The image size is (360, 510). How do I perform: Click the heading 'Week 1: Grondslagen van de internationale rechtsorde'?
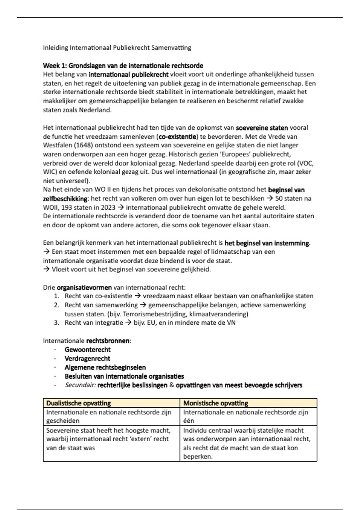[x=123, y=66]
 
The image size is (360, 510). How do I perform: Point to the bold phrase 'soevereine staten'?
[x=262, y=128]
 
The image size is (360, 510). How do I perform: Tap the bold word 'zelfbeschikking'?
[x=65, y=199]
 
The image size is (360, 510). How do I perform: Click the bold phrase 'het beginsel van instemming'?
[x=267, y=243]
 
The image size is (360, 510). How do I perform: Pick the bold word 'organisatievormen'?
[x=84, y=287]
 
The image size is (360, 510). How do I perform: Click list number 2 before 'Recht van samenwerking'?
[x=56, y=305]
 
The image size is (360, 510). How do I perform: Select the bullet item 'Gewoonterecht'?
[x=88, y=350]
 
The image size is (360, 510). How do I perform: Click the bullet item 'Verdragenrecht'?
[x=87, y=358]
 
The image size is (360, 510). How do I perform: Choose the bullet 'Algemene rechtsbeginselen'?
[x=105, y=367]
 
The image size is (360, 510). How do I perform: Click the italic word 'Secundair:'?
[x=80, y=385]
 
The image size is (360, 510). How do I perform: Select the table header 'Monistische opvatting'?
[x=216, y=403]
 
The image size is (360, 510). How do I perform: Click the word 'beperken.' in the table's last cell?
[x=198, y=457]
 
